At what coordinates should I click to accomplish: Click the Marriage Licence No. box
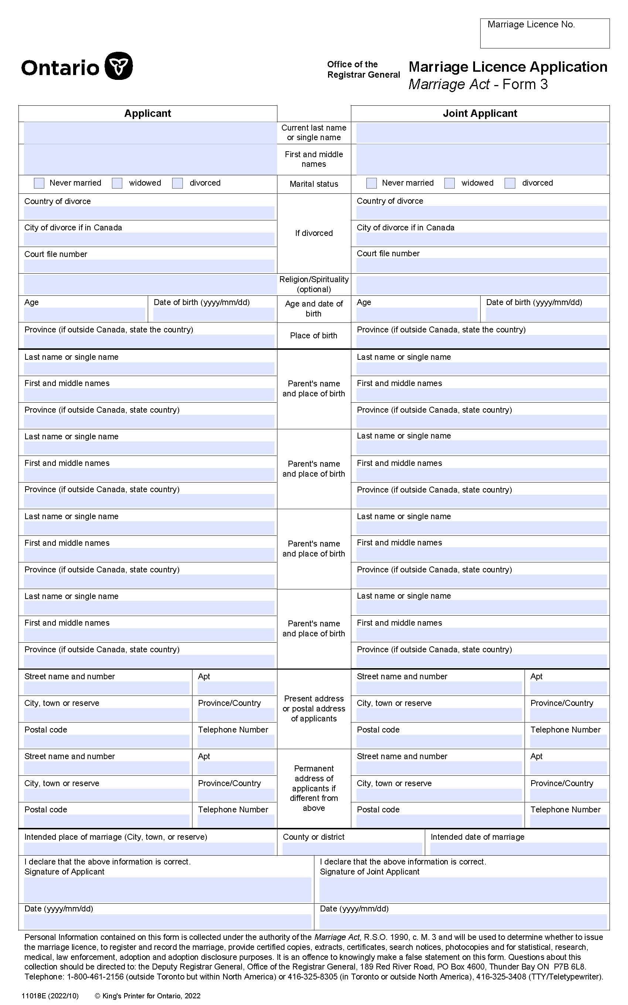point(545,34)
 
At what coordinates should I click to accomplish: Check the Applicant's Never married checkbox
point(39,183)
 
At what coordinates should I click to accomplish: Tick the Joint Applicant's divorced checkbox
point(510,183)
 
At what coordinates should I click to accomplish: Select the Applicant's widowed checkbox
point(117,183)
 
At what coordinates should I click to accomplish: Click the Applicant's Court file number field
point(149,266)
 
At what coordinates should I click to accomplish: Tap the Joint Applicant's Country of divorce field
point(481,213)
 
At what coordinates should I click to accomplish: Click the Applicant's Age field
point(84,314)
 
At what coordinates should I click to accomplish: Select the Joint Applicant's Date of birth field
point(546,314)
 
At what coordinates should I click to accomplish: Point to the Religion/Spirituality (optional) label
point(314,284)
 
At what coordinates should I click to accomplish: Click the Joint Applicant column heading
point(480,114)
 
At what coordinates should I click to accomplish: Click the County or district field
point(352,849)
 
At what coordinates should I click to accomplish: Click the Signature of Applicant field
point(167,890)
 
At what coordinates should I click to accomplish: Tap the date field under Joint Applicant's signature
point(463,921)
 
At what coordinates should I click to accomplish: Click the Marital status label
point(314,184)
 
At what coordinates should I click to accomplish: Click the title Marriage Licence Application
point(508,67)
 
